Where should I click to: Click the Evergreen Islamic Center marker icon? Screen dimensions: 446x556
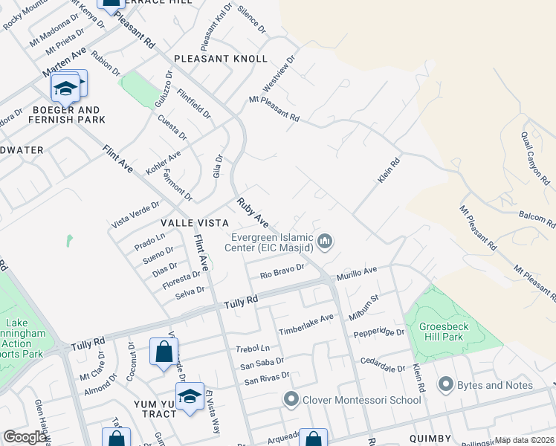pyautogui.click(x=325, y=241)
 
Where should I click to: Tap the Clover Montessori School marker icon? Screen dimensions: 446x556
pyautogui.click(x=291, y=400)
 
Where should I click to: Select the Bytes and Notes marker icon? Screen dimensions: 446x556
pyautogui.click(x=446, y=384)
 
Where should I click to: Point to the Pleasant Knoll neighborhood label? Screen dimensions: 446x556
pyautogui.click(x=220, y=59)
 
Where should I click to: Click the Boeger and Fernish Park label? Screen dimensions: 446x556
pyautogui.click(x=67, y=113)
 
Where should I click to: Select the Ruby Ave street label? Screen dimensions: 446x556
pyautogui.click(x=253, y=211)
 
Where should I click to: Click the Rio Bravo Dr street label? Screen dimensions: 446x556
pyautogui.click(x=282, y=271)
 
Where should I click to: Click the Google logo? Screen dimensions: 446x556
pyautogui.click(x=25, y=437)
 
